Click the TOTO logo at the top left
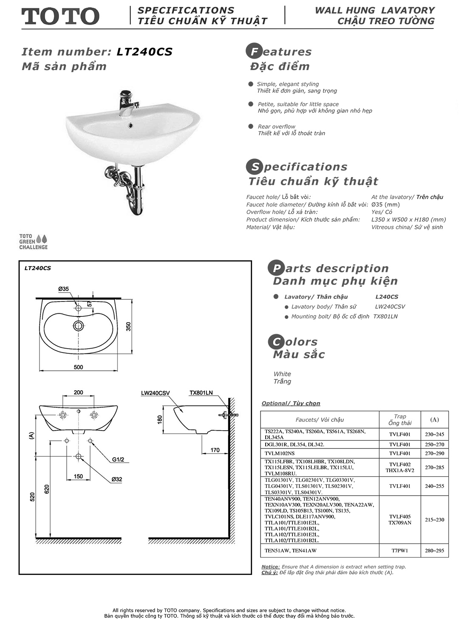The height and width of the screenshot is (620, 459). tap(60, 16)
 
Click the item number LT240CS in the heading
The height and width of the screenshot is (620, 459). tap(144, 52)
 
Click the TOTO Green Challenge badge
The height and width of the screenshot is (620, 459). tap(33, 242)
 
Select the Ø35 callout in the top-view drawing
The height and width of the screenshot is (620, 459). tap(63, 289)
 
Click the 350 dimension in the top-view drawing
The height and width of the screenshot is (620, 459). tap(128, 326)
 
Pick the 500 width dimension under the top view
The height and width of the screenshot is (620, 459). tap(79, 367)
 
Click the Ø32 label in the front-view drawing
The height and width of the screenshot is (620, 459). tap(117, 479)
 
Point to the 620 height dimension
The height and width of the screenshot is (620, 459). tap(47, 488)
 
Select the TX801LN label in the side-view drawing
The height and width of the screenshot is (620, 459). tap(201, 393)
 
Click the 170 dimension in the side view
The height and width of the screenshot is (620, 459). tap(215, 450)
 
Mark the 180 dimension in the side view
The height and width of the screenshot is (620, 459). tap(160, 420)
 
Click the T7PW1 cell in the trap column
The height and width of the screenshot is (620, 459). tap(399, 550)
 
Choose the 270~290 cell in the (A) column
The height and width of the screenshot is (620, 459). tap(434, 453)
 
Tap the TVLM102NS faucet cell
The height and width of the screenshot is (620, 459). tap(280, 453)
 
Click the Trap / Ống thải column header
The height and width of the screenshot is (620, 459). tap(399, 420)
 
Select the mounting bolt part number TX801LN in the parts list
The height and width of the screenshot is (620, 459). tap(385, 316)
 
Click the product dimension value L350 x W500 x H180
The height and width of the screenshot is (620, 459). tap(408, 220)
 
